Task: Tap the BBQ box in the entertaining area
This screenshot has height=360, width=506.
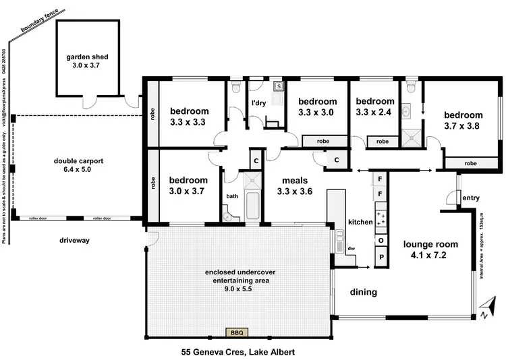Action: pyautogui.click(x=237, y=332)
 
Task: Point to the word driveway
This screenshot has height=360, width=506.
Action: pyautogui.click(x=74, y=239)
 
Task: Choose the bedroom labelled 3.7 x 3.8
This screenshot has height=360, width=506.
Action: pyautogui.click(x=463, y=120)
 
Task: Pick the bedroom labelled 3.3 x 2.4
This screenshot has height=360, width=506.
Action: pyautogui.click(x=374, y=107)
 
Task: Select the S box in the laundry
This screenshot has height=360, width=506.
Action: pyautogui.click(x=278, y=87)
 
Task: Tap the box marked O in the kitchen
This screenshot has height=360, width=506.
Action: pyautogui.click(x=381, y=240)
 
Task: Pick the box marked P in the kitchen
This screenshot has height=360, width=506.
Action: pyautogui.click(x=381, y=258)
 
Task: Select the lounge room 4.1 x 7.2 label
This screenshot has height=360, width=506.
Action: pyautogui.click(x=430, y=249)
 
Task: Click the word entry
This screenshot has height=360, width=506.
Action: pyautogui.click(x=470, y=197)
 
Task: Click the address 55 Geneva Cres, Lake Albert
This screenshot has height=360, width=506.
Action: pyautogui.click(x=238, y=352)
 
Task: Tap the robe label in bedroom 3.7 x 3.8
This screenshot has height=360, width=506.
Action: pyautogui.click(x=470, y=163)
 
